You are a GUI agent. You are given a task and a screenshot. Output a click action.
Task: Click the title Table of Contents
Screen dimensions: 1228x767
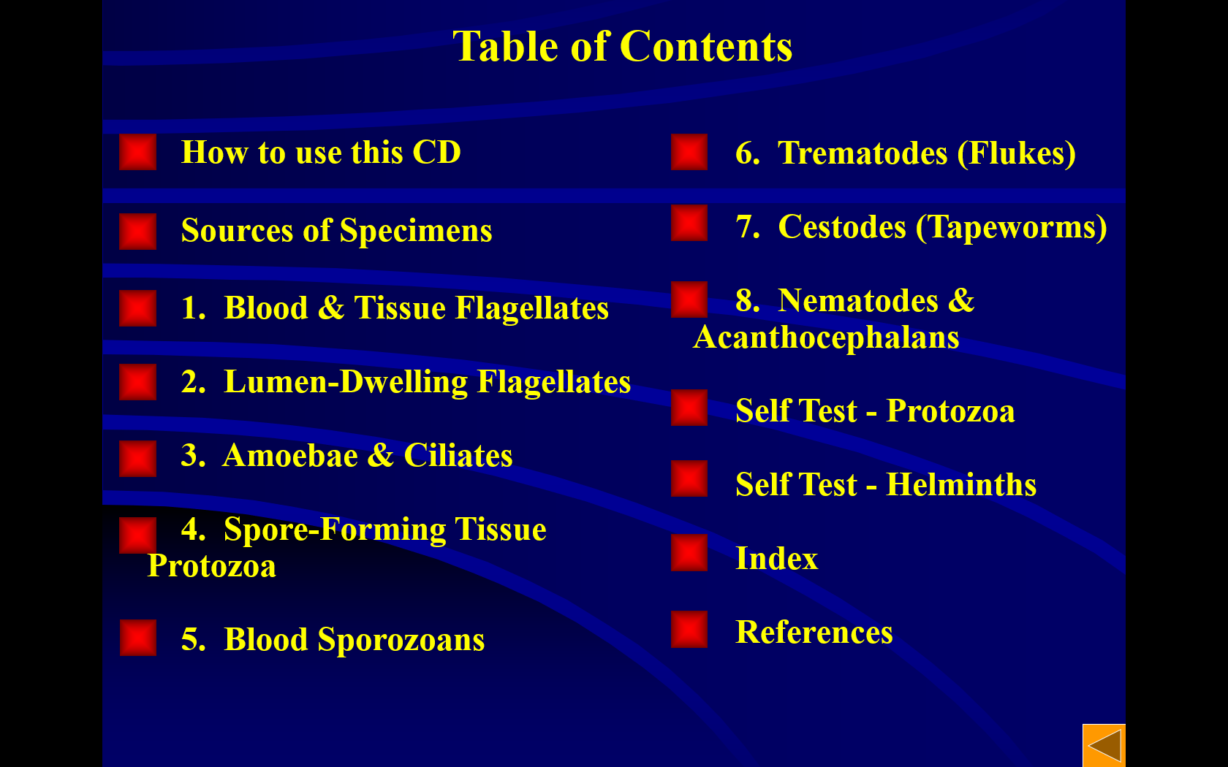[x=622, y=46]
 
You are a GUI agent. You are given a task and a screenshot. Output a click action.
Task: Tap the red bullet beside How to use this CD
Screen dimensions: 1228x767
[x=137, y=152]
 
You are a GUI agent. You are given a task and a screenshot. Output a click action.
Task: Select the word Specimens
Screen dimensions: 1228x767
[x=415, y=231]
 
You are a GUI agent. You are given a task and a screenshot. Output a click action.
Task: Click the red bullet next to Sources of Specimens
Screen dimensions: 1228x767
[x=137, y=231]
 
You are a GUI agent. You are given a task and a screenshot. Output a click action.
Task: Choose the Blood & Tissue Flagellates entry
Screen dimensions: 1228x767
[x=395, y=308]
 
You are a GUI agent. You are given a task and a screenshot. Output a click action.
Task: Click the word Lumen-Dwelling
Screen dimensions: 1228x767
[x=345, y=381]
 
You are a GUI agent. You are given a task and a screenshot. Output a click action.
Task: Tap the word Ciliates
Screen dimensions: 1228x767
[x=458, y=455]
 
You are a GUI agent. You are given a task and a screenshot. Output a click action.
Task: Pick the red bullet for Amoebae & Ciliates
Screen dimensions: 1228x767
[x=137, y=459]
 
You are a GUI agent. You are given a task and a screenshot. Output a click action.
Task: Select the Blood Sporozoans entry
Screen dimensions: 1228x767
[x=333, y=638]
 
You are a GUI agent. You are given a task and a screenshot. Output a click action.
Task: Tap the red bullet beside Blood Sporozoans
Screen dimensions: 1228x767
[x=137, y=638]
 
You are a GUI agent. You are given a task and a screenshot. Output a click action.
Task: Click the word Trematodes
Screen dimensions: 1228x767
[x=863, y=153]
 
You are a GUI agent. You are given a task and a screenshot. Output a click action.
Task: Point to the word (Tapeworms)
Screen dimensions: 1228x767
[x=1012, y=226]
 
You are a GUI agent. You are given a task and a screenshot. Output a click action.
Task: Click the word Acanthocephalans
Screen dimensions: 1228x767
[x=826, y=337]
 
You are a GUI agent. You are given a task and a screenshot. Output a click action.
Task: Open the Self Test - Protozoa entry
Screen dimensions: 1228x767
[x=875, y=411]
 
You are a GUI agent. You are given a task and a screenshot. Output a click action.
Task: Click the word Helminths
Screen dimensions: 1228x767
[x=961, y=484]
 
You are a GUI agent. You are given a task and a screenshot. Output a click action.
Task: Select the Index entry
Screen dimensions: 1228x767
[x=776, y=558]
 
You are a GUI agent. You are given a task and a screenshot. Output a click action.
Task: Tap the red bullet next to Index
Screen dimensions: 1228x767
[x=689, y=552]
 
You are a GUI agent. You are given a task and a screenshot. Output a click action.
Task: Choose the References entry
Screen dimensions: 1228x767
[x=814, y=632]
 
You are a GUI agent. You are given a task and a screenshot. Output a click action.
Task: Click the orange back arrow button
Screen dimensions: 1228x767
[x=1104, y=746]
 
